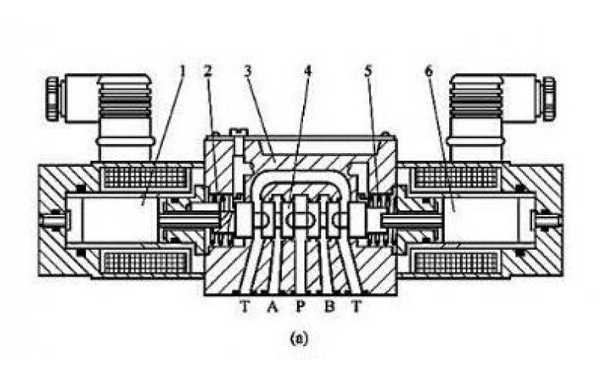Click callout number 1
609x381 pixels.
183,71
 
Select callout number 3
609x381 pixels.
247,71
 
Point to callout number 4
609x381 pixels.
308,71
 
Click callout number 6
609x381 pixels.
429,71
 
